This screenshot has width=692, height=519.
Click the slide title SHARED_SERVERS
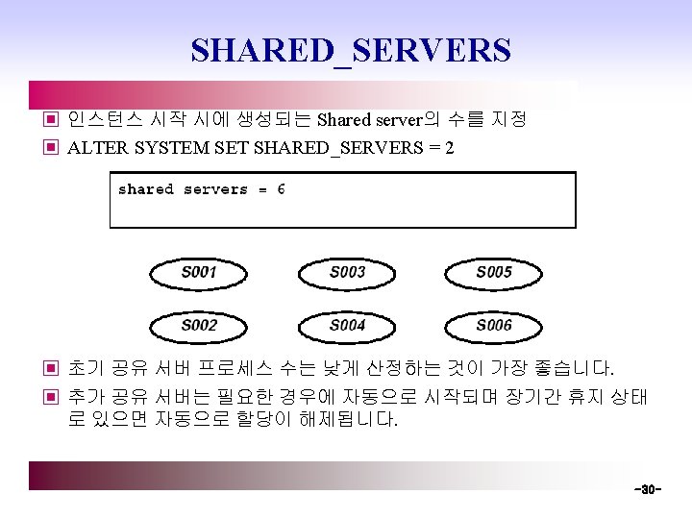[x=351, y=50]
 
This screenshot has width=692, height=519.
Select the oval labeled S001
[x=199, y=273]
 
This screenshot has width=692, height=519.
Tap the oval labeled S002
[x=199, y=326]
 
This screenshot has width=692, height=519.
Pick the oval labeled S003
[x=347, y=273]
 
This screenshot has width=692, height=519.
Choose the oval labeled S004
[x=347, y=326]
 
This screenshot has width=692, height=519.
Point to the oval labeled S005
[x=494, y=273]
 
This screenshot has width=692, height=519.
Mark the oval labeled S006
[x=494, y=326]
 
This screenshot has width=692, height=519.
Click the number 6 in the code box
[x=281, y=189]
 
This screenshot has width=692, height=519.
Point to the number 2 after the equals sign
[x=450, y=148]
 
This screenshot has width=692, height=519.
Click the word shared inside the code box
[x=146, y=189]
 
